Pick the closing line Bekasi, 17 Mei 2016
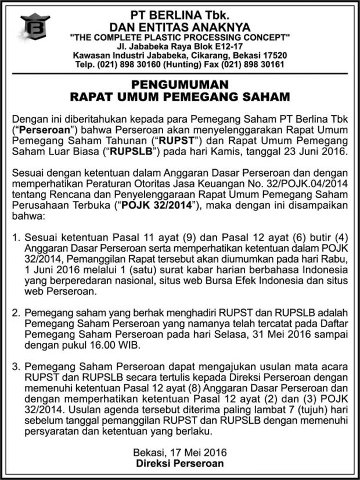click(x=179, y=453)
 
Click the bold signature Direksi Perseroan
click(x=179, y=464)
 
